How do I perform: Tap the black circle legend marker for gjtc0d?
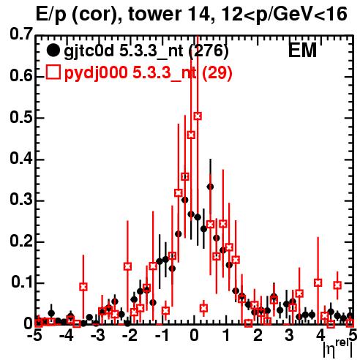[x=53, y=50]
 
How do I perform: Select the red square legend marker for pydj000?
[x=53, y=72]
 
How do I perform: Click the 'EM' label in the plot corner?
[x=302, y=50]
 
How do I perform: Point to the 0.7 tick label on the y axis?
[x=20, y=34]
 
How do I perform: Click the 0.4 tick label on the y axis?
[x=20, y=159]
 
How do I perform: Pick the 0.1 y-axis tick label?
[x=21, y=282]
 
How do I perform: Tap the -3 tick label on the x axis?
[x=98, y=335]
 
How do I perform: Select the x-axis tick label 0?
[x=194, y=335]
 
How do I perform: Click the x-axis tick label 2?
[x=258, y=335]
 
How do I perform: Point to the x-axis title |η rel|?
[x=337, y=350]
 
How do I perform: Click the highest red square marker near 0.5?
[x=198, y=116]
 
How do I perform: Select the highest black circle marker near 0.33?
[x=210, y=187]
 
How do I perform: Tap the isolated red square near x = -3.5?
[x=83, y=287]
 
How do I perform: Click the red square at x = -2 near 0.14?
[x=127, y=266]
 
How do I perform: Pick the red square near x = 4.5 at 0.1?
[x=337, y=285]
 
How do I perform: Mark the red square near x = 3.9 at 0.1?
[x=318, y=282]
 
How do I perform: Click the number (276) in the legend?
[x=209, y=50]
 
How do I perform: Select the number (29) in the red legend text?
[x=217, y=72]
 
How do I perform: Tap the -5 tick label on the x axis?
[x=34, y=335]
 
